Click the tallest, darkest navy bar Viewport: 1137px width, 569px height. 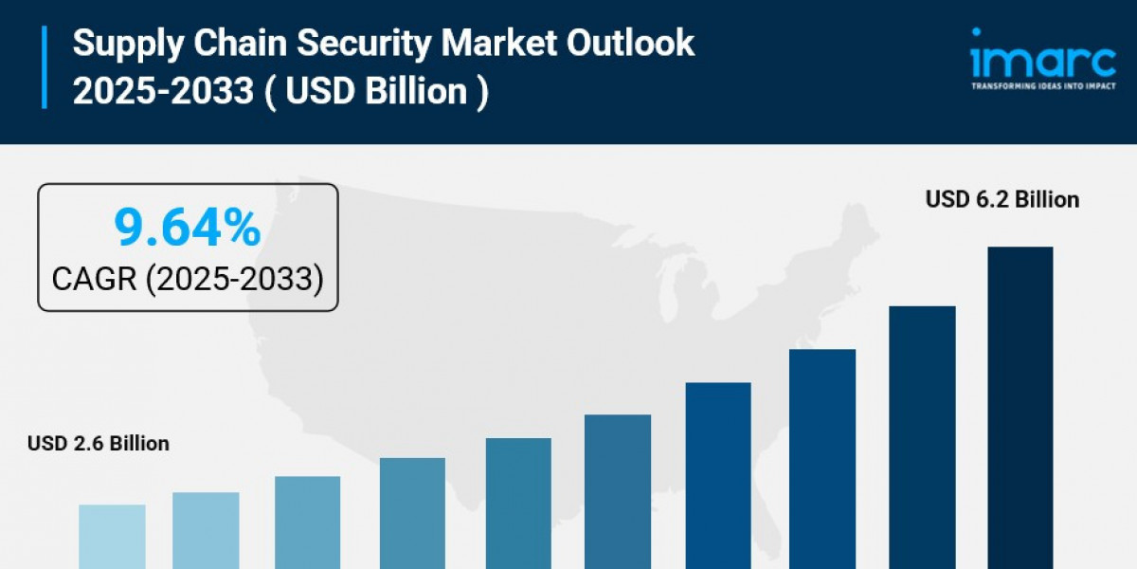[1020, 408]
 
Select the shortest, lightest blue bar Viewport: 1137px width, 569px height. [112, 536]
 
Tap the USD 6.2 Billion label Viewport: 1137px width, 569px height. [1002, 200]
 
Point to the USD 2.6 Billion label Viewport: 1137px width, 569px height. [99, 443]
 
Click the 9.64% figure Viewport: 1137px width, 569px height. [187, 228]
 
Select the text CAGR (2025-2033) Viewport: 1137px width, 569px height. [188, 279]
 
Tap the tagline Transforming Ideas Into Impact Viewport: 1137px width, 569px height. [1043, 85]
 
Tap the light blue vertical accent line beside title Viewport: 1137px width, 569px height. [44, 67]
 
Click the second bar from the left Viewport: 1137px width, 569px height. [206, 530]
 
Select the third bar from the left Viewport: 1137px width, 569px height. [308, 522]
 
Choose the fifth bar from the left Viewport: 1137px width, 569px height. [518, 503]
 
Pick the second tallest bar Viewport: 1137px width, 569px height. [922, 437]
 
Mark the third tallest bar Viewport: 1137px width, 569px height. [822, 459]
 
